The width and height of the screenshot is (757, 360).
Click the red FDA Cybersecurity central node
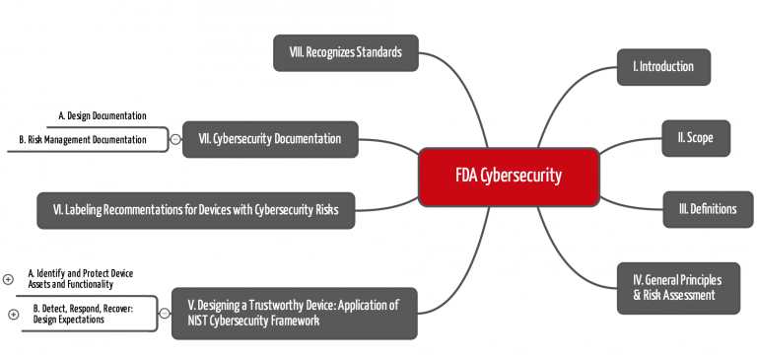pos(509,177)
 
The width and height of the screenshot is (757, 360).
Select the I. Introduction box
pos(663,67)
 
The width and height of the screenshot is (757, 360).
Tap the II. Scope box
pos(695,139)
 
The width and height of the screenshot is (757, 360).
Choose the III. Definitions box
pos(708,209)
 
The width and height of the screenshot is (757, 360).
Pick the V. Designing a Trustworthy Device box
pos(294,313)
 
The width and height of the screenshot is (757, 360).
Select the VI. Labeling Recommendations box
pos(196,209)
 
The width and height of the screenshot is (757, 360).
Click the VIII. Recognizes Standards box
pos(345,52)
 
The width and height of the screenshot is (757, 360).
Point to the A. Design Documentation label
pos(103,115)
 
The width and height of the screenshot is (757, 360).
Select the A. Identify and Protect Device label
pos(80,278)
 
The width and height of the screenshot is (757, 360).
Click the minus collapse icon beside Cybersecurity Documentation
pos(175,139)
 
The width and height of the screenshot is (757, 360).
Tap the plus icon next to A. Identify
pos(8,279)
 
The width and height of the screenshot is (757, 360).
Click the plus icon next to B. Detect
pos(13,315)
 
